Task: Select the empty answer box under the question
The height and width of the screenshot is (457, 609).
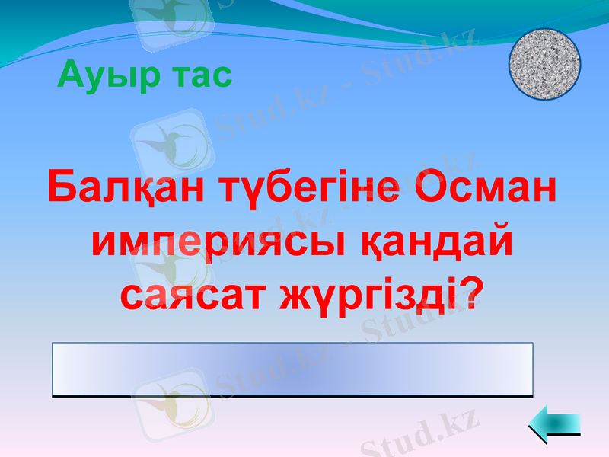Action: point(292,369)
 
